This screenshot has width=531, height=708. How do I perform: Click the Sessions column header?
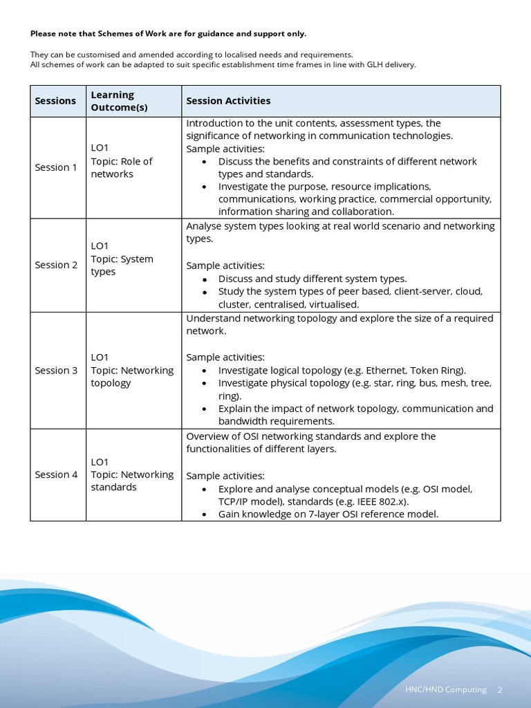coord(55,101)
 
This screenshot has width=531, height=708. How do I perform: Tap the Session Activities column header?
coord(228,101)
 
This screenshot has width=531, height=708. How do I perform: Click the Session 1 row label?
coord(56,167)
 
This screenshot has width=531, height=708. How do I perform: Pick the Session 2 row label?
coord(56,265)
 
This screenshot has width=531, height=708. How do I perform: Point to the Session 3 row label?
coord(56,370)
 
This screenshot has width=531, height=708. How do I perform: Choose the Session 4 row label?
coord(56,474)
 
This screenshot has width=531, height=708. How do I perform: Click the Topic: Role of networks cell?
coord(122,167)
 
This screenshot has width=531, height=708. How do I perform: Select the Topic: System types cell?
coord(122,265)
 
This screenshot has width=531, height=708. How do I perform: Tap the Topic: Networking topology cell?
coord(131,377)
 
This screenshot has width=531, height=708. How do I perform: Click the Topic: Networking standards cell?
coord(131,481)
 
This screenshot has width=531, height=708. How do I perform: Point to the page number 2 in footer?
coord(500,690)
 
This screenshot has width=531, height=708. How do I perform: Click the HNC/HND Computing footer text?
coord(446,690)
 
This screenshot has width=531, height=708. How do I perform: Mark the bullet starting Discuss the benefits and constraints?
coord(347,167)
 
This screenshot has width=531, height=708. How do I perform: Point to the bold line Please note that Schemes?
coord(168,34)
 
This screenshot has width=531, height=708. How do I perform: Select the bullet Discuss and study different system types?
coord(313,279)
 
